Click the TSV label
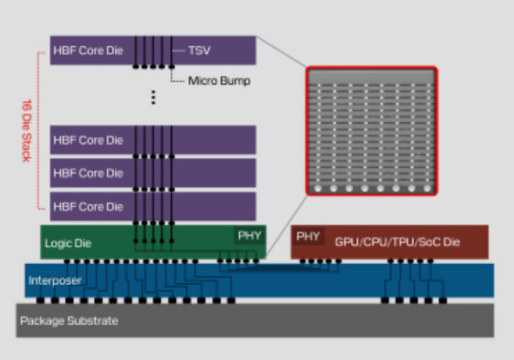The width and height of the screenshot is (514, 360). pyautogui.click(x=198, y=50)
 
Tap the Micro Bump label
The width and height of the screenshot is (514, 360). pyautogui.click(x=219, y=80)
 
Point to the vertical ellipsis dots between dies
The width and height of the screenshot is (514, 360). pyautogui.click(x=153, y=97)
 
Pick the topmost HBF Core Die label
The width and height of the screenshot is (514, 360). pyautogui.click(x=88, y=50)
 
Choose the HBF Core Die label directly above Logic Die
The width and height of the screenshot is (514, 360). pyautogui.click(x=88, y=207)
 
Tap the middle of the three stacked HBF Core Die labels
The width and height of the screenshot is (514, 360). pyautogui.click(x=88, y=173)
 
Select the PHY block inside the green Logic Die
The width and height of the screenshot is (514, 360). pyautogui.click(x=250, y=235)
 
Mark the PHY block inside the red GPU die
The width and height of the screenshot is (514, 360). pyautogui.click(x=309, y=235)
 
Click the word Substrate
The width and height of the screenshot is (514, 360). pyautogui.click(x=92, y=321)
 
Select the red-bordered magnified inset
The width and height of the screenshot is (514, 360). pyautogui.click(x=370, y=130)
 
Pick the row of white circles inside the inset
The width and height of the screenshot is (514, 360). pyautogui.click(x=370, y=188)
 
